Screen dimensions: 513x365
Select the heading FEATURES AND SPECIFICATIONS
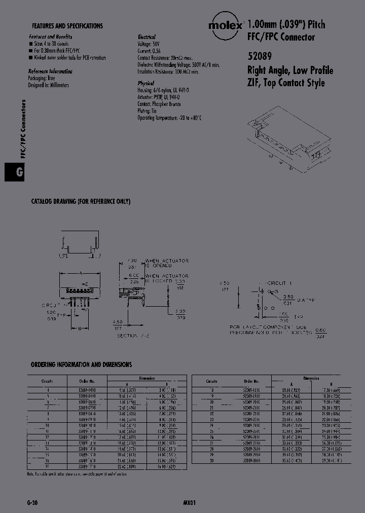[x=67, y=25]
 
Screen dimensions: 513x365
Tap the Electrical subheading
[x=147, y=38]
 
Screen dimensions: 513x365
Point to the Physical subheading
[x=145, y=83]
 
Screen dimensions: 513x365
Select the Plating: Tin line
[x=147, y=111]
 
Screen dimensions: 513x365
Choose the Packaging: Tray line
[x=42, y=79]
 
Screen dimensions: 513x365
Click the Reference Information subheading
[x=50, y=71]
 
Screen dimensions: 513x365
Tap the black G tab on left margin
[x=20, y=172]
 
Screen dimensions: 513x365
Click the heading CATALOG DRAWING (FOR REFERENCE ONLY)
[x=81, y=202]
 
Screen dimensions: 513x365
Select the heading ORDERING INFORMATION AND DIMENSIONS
[x=81, y=364]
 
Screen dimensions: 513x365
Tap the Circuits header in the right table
[x=211, y=381]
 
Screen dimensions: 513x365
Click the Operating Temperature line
[x=169, y=118]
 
